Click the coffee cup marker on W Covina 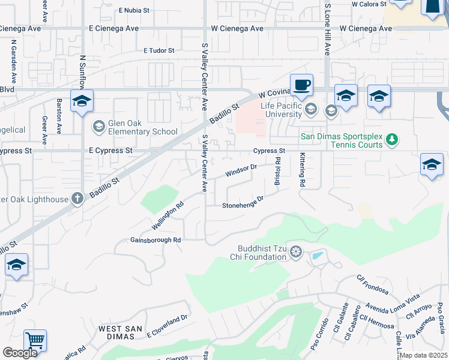(301, 85)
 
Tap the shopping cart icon (35, 341)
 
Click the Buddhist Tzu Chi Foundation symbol (295, 252)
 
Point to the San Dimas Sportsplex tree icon (392, 140)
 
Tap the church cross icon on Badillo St (77, 198)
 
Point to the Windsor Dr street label (241, 170)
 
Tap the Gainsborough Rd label (155, 240)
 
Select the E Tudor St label (158, 51)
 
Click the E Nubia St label (137, 10)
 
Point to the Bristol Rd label (277, 171)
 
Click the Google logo (20, 353)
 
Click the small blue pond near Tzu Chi (317, 256)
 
